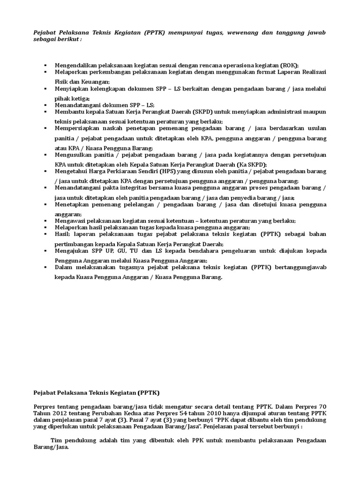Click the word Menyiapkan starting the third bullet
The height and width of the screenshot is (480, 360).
pos(72,88)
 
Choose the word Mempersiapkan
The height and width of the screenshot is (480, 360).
pos(76,127)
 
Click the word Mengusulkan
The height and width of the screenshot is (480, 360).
pos(74,155)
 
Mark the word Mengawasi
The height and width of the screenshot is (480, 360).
pos(71,221)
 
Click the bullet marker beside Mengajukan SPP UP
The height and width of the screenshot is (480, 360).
pos(45,251)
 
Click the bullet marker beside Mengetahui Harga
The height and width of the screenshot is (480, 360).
pos(45,172)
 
